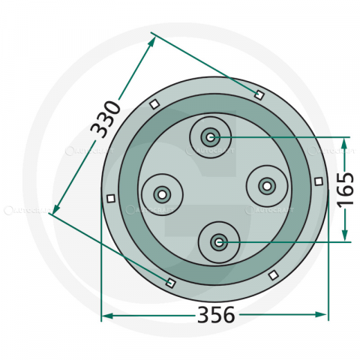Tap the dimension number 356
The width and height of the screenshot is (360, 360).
(214, 315)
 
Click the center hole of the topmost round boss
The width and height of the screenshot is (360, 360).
(211, 137)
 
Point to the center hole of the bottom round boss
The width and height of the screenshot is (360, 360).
(218, 241)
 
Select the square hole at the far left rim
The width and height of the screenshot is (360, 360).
(110, 199)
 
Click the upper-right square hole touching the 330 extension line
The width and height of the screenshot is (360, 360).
(259, 94)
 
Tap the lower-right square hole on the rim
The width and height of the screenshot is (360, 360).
(273, 275)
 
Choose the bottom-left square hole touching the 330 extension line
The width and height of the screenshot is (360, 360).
(169, 283)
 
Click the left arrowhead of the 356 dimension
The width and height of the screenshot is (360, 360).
(105, 315)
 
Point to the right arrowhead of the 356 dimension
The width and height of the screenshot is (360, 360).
(323, 315)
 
